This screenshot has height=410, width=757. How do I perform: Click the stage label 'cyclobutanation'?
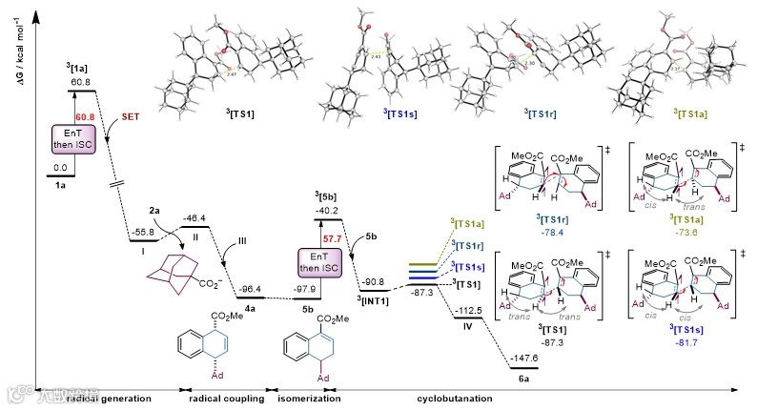tap(444, 398)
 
